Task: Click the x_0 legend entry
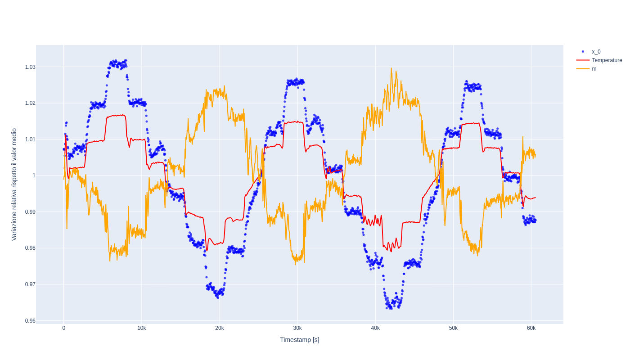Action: tap(596, 52)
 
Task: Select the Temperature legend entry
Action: tap(607, 60)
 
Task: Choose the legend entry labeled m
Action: tap(594, 69)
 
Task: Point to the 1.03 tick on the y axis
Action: tap(30, 67)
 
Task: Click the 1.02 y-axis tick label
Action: tap(30, 103)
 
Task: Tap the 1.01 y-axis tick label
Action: tap(30, 139)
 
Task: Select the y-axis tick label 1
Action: tap(34, 175)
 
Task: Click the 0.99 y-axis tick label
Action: tap(30, 212)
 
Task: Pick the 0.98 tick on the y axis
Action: tap(30, 248)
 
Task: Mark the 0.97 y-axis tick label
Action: tap(30, 284)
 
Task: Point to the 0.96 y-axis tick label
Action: tap(30, 321)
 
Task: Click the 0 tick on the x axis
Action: tap(64, 328)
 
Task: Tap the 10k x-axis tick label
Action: tap(142, 328)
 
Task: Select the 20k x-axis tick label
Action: tap(220, 328)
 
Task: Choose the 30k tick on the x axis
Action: tap(297, 328)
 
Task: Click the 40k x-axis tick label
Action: tap(375, 328)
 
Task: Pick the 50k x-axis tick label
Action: tap(453, 328)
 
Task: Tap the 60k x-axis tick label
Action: tap(531, 328)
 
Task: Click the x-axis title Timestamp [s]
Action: tap(300, 340)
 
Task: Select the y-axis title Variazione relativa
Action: tap(14, 184)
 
